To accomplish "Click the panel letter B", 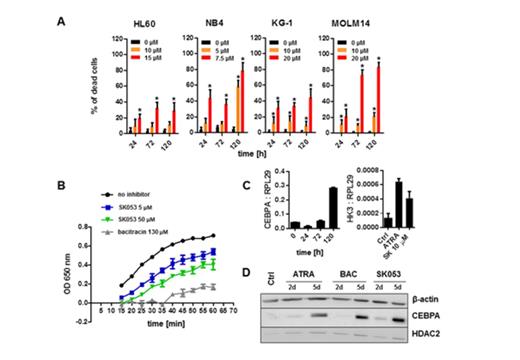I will [x=62, y=184].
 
